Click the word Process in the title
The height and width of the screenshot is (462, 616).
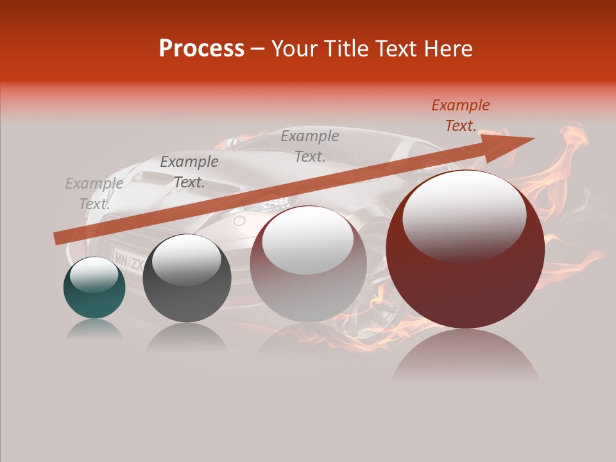click(x=201, y=49)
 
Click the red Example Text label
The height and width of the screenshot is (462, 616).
click(x=460, y=116)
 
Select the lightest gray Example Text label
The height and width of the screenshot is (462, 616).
click(x=94, y=194)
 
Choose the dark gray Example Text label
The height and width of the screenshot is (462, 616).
click(x=189, y=172)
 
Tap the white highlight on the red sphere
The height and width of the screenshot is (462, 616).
click(x=464, y=215)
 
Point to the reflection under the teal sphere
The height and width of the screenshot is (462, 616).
click(x=94, y=329)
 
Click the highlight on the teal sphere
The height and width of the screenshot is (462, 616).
click(x=94, y=275)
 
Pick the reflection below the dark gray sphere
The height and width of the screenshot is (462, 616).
click(x=187, y=336)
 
